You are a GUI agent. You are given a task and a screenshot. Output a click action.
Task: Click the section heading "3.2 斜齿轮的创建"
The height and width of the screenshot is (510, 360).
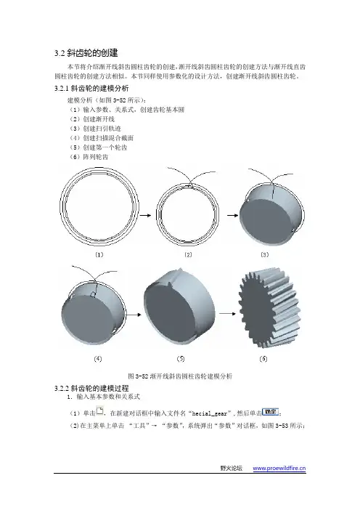click(x=86, y=53)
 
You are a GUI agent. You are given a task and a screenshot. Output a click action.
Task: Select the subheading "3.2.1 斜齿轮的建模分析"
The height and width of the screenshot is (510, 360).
click(x=91, y=89)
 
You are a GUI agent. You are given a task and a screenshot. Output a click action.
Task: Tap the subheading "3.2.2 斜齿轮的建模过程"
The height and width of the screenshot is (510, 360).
click(x=91, y=388)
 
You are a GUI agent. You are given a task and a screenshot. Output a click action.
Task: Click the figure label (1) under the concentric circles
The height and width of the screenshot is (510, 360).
click(x=99, y=255)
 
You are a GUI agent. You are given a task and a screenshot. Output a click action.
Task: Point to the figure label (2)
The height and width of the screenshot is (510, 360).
click(x=188, y=255)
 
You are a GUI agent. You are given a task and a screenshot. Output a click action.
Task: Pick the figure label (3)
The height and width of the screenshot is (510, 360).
click(x=265, y=255)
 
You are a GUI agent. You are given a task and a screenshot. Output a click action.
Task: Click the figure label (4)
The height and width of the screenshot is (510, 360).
click(x=98, y=359)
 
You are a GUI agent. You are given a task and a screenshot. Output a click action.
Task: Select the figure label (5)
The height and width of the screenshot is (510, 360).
click(x=181, y=359)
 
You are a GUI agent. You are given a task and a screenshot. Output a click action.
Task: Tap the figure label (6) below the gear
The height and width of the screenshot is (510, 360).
click(x=263, y=359)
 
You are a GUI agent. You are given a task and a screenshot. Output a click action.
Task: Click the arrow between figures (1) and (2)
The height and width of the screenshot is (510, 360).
click(x=147, y=215)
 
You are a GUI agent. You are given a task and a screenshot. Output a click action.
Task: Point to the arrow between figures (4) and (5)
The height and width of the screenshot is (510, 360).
click(x=134, y=315)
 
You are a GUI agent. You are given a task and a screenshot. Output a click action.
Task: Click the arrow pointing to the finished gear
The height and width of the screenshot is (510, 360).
click(x=228, y=314)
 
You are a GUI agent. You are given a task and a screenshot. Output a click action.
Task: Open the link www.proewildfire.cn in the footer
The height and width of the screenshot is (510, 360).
click(x=279, y=469)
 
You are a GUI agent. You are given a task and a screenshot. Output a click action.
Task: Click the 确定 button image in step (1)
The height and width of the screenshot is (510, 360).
click(x=270, y=412)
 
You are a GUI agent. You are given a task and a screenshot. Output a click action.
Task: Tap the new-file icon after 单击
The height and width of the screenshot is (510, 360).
click(x=99, y=411)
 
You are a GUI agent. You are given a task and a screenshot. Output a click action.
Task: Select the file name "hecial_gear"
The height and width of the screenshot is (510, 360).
click(x=210, y=413)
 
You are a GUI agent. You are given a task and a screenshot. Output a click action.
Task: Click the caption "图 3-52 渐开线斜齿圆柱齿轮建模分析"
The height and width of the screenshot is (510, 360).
click(x=180, y=376)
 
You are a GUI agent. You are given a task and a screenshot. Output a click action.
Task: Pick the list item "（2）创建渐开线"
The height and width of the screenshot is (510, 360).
click(x=91, y=119)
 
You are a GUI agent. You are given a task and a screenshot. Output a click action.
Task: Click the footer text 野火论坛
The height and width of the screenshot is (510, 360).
click(x=231, y=469)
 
